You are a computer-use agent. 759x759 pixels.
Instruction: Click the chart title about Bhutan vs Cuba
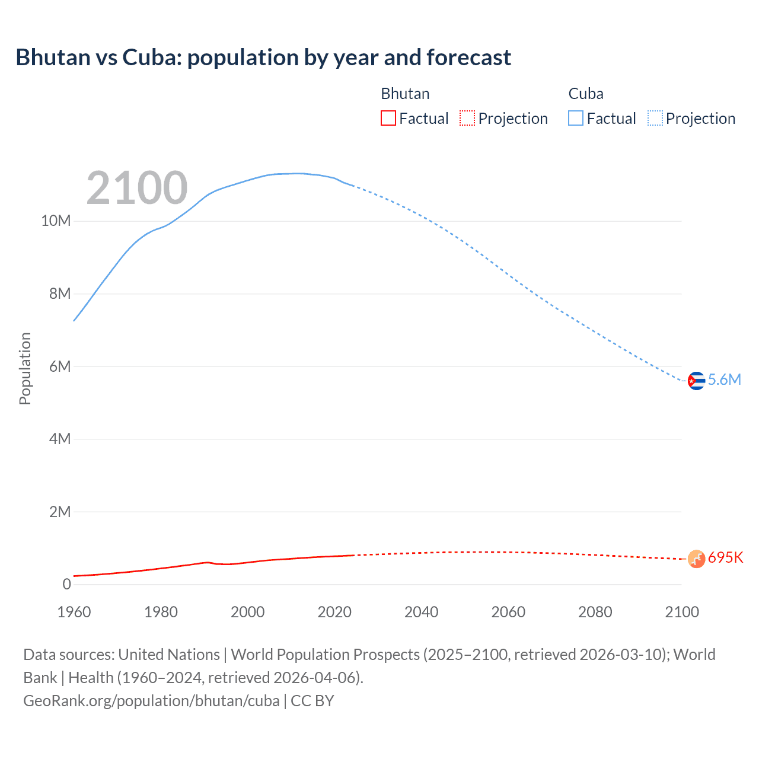tap(263, 58)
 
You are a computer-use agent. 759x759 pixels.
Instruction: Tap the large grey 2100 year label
tap(137, 188)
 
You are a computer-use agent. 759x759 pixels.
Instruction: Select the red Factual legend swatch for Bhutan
tap(388, 119)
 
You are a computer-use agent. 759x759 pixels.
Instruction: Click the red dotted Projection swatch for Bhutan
tap(467, 119)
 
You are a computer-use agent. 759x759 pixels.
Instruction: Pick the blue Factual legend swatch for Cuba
tap(576, 119)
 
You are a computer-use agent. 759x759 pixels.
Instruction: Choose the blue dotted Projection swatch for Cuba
tap(655, 119)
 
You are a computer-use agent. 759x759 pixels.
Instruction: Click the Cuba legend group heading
tap(586, 94)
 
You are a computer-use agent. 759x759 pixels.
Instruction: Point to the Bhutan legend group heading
tap(405, 94)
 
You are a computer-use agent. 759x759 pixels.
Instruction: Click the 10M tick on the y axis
tap(56, 221)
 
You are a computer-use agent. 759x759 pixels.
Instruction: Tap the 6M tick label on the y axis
tap(59, 366)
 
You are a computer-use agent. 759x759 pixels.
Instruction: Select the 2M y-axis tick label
tap(59, 512)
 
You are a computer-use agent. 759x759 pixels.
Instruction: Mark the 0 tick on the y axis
tap(66, 584)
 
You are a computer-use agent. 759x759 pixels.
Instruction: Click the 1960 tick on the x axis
tap(74, 612)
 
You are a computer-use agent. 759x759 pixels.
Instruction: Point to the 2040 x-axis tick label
tap(421, 612)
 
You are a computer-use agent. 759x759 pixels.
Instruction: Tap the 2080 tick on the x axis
tap(595, 612)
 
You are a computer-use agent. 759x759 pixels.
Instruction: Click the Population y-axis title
tap(25, 368)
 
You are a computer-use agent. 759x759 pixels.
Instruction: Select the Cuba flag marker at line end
tap(696, 381)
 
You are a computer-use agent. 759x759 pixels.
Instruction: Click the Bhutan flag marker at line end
tap(696, 559)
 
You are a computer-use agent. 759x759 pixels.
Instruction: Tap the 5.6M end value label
tap(725, 380)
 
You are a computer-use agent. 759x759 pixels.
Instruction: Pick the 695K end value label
tap(725, 558)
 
